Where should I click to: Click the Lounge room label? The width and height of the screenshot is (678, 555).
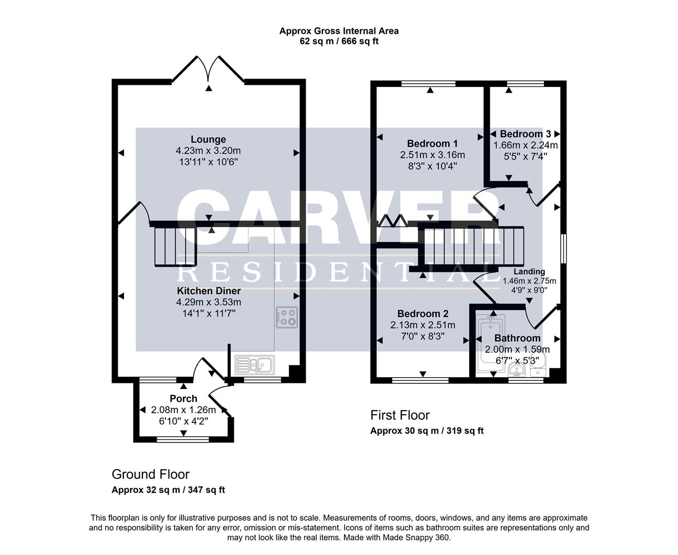point(208,139)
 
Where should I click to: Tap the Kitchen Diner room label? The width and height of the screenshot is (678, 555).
point(209,291)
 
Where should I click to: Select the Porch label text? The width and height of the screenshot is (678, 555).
point(184,398)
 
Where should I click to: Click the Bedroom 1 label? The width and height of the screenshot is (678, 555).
point(432,143)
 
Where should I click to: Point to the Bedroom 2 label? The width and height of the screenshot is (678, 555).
point(423,313)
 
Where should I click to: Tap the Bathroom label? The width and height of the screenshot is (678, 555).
point(517,338)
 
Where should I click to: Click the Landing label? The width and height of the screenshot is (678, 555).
point(529,272)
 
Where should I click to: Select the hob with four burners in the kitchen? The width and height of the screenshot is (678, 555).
point(286,317)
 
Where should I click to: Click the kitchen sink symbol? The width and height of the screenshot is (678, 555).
point(255,365)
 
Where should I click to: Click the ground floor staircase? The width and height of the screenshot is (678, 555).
point(175,246)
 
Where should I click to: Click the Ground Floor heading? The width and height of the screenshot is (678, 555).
point(151,474)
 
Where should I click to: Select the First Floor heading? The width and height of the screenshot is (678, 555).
point(400,415)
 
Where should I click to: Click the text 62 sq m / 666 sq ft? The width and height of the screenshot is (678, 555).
point(339,41)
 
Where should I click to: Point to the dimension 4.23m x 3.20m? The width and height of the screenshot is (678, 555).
point(208,151)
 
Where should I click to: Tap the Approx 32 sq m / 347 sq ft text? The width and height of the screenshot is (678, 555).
point(168,490)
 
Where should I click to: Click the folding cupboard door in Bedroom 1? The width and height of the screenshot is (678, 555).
point(393,221)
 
